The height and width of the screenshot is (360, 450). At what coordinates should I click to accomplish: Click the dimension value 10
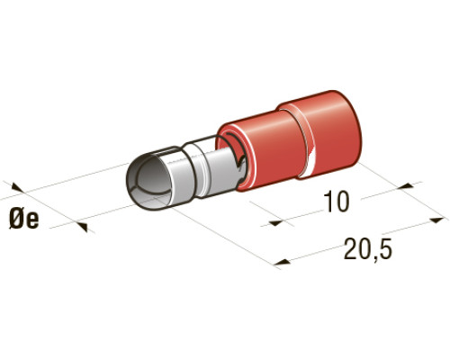(337, 202)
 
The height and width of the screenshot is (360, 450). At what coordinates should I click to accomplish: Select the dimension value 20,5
(368, 248)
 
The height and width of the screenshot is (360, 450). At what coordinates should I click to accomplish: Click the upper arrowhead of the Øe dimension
(17, 188)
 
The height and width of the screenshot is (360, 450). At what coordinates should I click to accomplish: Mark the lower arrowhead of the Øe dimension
(82, 227)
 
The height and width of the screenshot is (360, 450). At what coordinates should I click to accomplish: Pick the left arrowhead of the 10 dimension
(276, 222)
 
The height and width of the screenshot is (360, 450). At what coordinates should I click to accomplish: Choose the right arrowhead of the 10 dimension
(406, 186)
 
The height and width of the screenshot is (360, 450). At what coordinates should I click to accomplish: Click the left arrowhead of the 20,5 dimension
(283, 262)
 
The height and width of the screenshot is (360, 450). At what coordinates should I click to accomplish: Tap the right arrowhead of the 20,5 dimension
(437, 220)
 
